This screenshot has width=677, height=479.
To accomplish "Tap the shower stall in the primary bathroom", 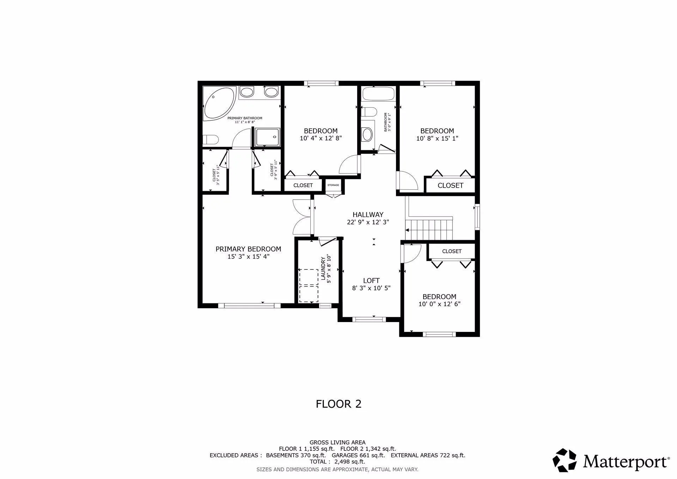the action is click(x=268, y=137).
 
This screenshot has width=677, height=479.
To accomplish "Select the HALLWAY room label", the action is click(x=368, y=214).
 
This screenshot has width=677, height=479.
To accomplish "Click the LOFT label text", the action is click(x=371, y=280).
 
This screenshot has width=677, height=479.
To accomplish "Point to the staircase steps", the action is click(x=429, y=229).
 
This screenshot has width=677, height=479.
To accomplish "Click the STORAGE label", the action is click(x=333, y=185).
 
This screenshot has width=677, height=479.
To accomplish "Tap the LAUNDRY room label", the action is click(x=323, y=269).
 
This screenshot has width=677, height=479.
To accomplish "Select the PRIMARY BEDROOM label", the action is click(x=248, y=249).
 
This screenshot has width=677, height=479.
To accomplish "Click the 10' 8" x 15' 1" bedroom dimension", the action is click(x=437, y=139).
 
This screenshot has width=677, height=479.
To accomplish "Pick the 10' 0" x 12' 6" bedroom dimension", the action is click(x=439, y=304).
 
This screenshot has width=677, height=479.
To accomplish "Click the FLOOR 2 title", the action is click(x=338, y=404).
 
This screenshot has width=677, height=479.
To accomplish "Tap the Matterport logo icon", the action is click(x=565, y=460).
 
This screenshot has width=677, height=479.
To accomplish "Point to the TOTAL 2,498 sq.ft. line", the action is click(x=337, y=462).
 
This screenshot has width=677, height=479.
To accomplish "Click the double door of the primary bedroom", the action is click(x=303, y=217).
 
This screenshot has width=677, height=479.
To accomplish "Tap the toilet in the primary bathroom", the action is click(x=211, y=140).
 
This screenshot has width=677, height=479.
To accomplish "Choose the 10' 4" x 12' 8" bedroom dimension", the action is click(x=321, y=139).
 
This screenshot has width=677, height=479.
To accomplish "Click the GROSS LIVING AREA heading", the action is click(x=337, y=442).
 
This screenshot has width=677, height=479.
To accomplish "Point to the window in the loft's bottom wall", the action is click(x=369, y=320).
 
